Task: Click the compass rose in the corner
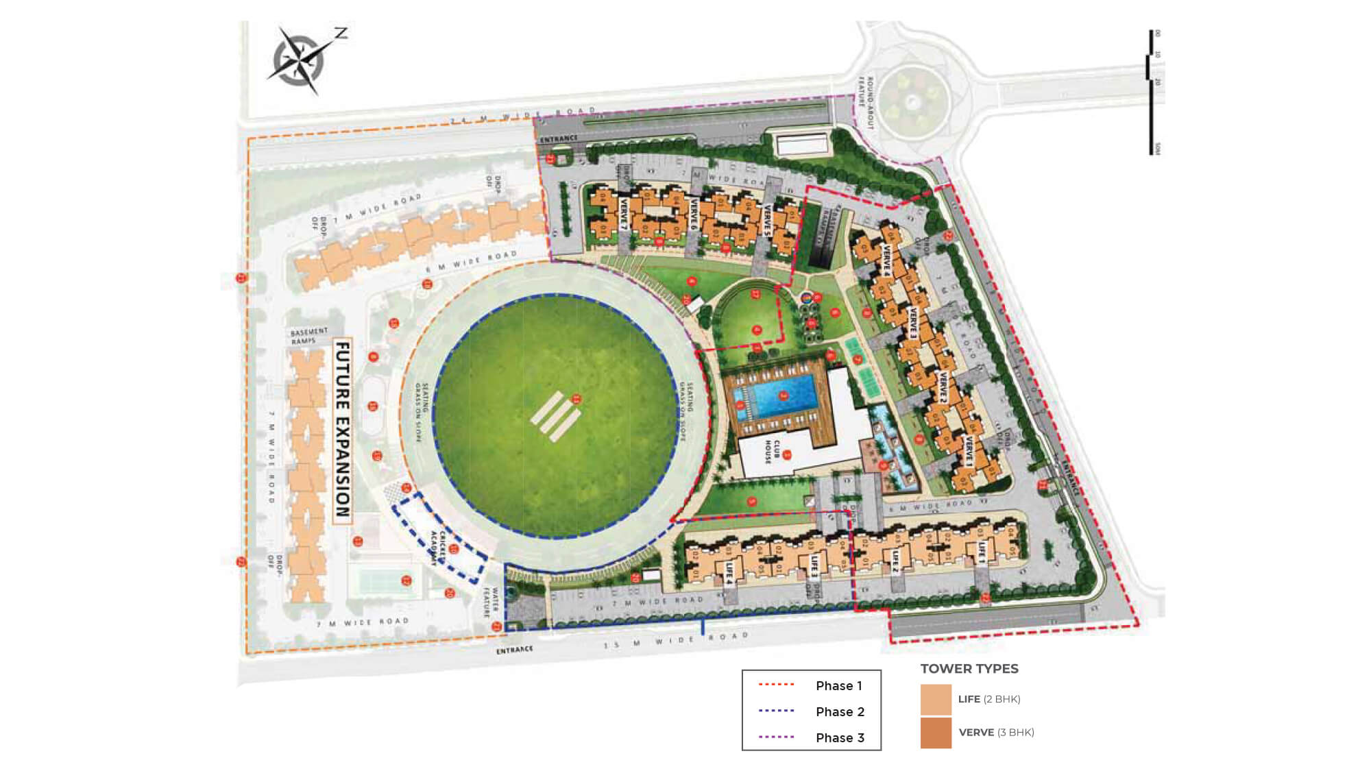tap(302, 60)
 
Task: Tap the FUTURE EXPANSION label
tap(342, 430)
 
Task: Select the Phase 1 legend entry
tap(811, 685)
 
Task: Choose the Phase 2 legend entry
tap(811, 711)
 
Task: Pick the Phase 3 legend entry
tap(811, 737)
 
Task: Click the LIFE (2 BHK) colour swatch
tap(936, 700)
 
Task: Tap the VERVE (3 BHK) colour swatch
tap(936, 733)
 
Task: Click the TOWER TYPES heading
tap(969, 669)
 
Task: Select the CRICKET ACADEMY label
tap(438, 548)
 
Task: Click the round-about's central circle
tap(912, 103)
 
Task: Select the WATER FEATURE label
tap(491, 601)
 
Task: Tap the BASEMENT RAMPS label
tap(309, 336)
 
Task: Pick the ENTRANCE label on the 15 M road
tap(514, 650)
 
